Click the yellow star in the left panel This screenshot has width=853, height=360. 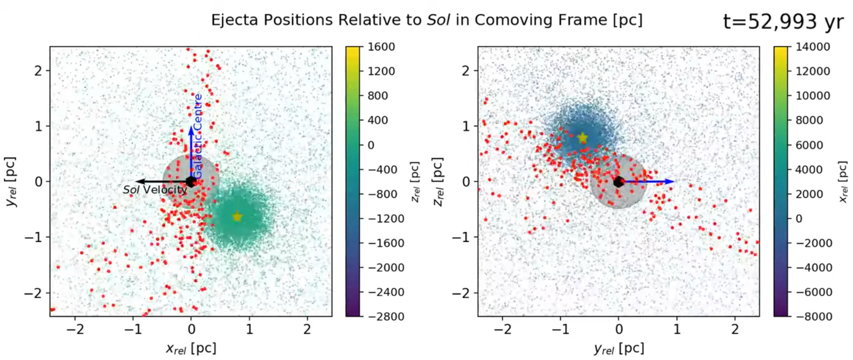pos(237,217)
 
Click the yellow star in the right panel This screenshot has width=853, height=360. pos(582,138)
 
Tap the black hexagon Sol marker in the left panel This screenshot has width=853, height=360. pos(191,182)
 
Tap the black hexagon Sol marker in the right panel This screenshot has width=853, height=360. pos(618,182)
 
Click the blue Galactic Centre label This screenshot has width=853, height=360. pos(198,136)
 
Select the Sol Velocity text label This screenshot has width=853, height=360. pos(155,190)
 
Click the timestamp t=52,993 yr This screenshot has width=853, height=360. pos(783,21)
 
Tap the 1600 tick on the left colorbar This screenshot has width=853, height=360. pos(381,47)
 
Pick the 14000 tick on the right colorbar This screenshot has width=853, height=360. pos(813,47)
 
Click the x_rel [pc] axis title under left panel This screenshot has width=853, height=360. pos(191,349)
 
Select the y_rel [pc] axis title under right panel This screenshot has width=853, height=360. pos(619,349)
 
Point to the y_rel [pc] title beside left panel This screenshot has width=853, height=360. pos(11,182)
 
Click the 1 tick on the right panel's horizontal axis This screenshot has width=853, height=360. pos(677,329)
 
